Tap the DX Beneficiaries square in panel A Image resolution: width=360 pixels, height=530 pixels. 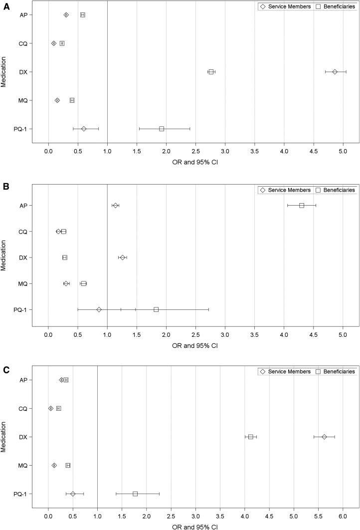(211, 72)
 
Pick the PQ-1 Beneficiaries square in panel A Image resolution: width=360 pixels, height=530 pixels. (162, 129)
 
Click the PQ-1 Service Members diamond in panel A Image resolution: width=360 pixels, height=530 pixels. (84, 129)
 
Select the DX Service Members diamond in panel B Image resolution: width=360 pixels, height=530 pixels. (122, 258)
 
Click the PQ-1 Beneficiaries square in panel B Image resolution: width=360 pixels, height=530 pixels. (156, 309)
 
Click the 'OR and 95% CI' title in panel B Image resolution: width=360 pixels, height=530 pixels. (195, 345)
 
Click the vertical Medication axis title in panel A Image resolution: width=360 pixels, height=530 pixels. (4, 71)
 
